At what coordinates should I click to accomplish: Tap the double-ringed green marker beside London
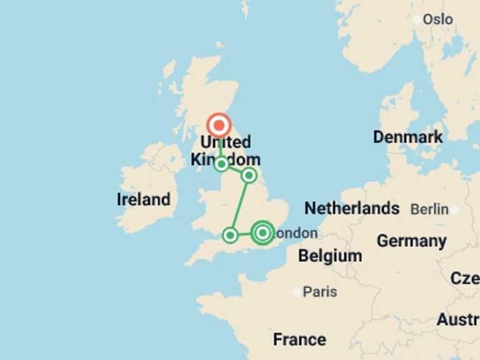pos(262,233)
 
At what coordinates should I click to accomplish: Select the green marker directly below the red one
pos(221,164)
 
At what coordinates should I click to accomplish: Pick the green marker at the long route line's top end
pos(249,175)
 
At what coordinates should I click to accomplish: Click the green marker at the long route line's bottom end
pos(230,235)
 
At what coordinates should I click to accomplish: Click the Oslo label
pos(437,19)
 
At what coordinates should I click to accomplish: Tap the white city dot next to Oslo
pos(417,20)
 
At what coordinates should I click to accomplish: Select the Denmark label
pos(407,137)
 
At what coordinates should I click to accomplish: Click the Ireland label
pos(143,200)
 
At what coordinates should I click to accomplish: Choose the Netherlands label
pos(352,208)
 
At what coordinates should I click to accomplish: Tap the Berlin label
pos(429,209)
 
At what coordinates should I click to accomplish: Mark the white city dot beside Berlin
pos(455,210)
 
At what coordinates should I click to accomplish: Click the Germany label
pos(411,241)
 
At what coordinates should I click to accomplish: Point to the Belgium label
pos(329,256)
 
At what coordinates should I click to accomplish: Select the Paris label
pos(319,292)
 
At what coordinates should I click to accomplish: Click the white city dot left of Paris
pos(296,292)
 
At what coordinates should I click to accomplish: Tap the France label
pos(299,339)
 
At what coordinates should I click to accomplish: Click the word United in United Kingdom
pos(226,142)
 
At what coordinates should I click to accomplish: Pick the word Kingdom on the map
pos(226,159)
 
